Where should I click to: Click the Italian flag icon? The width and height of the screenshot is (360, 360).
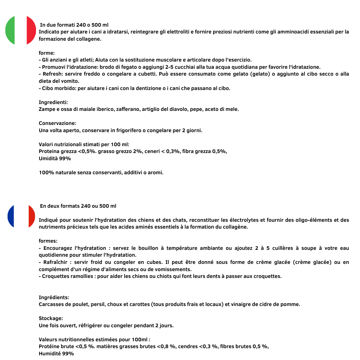21,31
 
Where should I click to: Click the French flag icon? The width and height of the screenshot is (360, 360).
21,216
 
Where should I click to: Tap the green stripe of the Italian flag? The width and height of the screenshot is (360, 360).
10,31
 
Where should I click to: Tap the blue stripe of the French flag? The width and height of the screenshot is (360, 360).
12,216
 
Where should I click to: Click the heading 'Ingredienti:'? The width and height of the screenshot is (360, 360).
53,102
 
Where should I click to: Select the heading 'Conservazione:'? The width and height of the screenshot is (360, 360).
57,123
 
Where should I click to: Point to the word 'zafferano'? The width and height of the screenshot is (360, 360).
127,109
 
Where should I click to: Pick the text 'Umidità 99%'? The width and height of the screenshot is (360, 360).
55,158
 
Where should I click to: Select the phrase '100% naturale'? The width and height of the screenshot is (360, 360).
56,172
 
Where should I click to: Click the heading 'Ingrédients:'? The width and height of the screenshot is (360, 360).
54,297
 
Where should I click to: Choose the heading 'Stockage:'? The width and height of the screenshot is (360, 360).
51,318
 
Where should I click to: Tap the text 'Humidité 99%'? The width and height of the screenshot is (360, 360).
56,354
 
